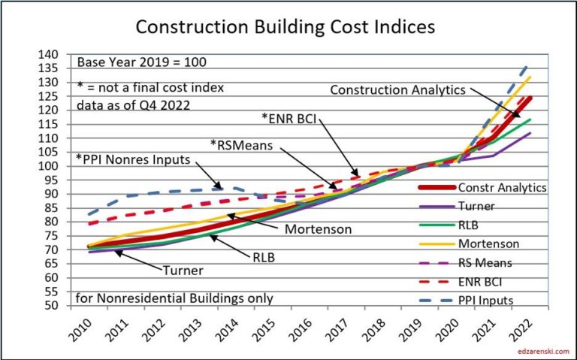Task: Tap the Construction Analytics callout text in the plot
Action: pyautogui.click(x=398, y=90)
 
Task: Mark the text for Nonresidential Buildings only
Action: pyautogui.click(x=174, y=298)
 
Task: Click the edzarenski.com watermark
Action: pyautogui.click(x=540, y=350)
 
